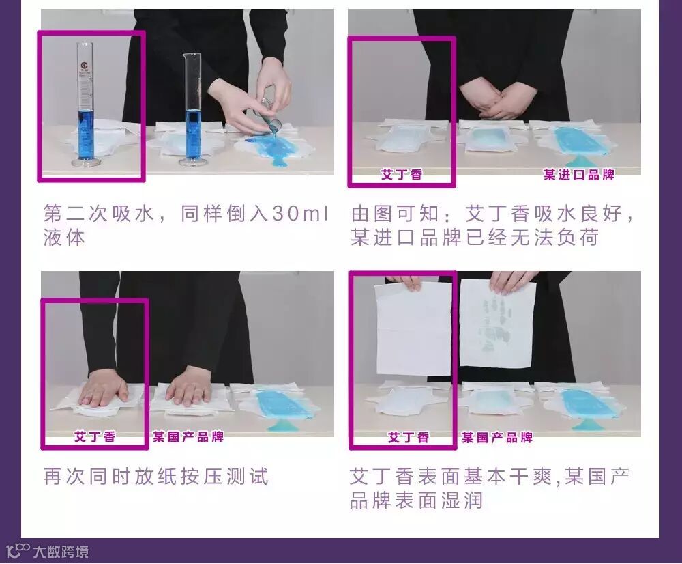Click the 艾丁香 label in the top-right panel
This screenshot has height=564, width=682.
402,175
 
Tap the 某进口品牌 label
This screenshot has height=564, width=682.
578,175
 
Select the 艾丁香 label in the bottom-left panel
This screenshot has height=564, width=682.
95,436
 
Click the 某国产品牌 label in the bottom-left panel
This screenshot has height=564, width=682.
188,436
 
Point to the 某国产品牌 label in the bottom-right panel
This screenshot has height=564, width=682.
497,437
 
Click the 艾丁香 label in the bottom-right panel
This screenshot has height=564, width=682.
409,437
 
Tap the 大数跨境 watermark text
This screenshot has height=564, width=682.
61,552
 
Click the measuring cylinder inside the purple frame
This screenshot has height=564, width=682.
87,104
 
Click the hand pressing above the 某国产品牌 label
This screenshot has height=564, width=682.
188,385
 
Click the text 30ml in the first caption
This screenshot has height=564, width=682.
299,214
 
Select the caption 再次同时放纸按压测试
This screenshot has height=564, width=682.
155,476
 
